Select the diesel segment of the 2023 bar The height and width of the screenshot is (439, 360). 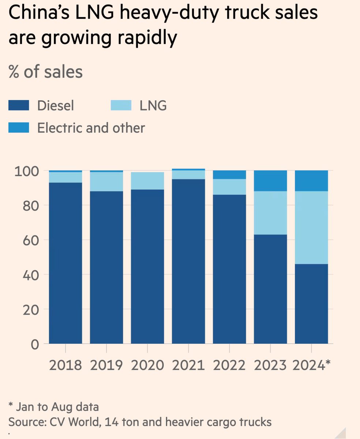point(270,289)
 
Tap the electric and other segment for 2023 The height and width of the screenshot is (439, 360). point(270,181)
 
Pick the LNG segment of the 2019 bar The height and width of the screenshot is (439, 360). point(106,181)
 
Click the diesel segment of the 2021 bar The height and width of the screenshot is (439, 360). point(188,261)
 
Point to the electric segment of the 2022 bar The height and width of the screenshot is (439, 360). point(229,175)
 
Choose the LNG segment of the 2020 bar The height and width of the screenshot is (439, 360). point(147,181)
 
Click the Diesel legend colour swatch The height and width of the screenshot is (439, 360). point(19,106)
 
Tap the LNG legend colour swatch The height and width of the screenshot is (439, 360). point(121,106)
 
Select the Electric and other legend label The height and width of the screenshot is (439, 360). point(91,128)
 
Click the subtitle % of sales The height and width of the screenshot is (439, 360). point(46,72)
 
